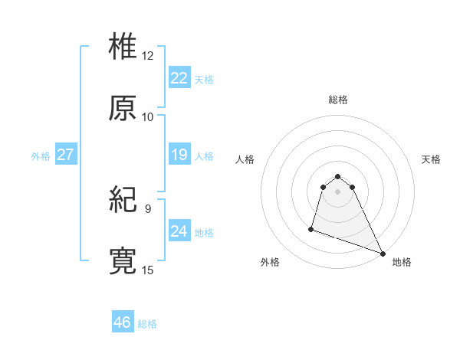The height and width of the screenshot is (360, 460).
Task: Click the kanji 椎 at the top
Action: click(123, 46)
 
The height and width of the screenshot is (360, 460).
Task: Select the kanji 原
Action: click(123, 108)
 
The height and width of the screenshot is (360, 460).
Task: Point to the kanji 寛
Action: click(123, 260)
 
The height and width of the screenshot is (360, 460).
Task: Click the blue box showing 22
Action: click(179, 77)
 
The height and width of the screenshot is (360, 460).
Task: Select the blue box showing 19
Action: click(179, 155)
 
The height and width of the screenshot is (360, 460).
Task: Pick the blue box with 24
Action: click(179, 231)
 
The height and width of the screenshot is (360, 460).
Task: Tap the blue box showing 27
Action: click(65, 155)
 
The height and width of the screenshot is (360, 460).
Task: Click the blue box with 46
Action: click(123, 322)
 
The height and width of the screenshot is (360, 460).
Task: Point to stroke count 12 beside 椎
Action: click(148, 56)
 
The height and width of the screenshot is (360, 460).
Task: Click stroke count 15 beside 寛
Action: click(148, 270)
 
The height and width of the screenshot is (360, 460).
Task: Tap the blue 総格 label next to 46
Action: click(147, 324)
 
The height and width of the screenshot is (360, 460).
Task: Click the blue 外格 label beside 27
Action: click(41, 156)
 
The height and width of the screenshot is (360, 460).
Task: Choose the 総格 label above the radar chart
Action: click(338, 100)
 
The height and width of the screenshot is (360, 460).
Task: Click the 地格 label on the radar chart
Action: click(402, 262)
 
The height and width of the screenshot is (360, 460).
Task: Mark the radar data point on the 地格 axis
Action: click(383, 254)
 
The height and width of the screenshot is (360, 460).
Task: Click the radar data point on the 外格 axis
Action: click(311, 228)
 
